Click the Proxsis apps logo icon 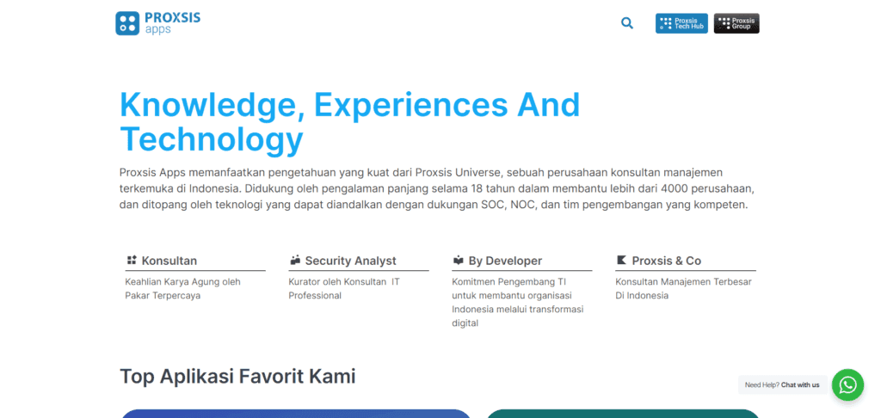tap(127, 23)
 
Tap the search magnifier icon tap(627, 23)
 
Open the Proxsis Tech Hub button tap(681, 23)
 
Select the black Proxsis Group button tap(736, 23)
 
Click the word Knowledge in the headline tap(212, 105)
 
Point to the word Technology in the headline tap(212, 140)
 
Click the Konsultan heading tap(169, 261)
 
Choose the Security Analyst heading tap(351, 261)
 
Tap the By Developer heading tap(505, 261)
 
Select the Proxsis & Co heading tap(667, 261)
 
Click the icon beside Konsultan tap(132, 260)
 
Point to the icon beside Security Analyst tap(295, 260)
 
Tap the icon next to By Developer tap(459, 260)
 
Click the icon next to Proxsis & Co tap(621, 260)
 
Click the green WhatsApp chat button tap(847, 384)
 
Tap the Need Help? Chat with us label tap(782, 384)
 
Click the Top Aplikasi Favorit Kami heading tap(237, 377)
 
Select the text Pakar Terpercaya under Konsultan tap(163, 296)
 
